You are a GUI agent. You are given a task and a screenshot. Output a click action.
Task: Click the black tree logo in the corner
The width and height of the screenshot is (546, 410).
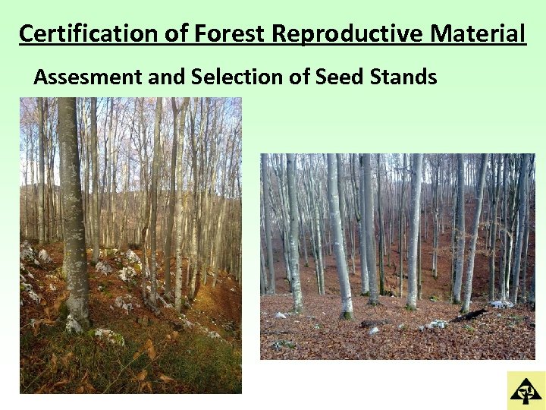[x=526, y=390]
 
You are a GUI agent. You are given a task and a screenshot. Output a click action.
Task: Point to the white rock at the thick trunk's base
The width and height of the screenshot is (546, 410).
[x=73, y=324]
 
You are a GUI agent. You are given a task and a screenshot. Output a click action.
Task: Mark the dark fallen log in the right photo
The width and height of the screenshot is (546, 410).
[x=470, y=314]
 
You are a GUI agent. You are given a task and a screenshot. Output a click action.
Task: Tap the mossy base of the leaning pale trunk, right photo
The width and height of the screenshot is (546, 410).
[x=347, y=314]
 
